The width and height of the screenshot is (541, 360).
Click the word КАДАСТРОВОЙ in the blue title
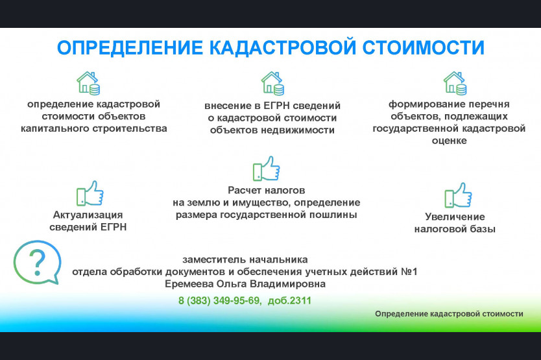coord(282,47)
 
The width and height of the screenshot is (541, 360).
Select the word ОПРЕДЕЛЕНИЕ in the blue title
coord(130,47)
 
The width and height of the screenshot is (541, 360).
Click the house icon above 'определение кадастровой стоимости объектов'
coord(88,83)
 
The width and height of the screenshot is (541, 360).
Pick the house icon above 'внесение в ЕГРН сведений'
coord(272,83)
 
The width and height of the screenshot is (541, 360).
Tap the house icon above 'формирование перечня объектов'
coord(455,83)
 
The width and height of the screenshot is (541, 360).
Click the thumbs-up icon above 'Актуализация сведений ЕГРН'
coord(90,193)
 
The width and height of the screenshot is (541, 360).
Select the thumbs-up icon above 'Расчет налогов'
coord(267,169)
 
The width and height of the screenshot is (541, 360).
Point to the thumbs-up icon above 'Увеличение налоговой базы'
coord(458,195)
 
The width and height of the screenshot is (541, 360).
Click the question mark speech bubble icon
coord(37,262)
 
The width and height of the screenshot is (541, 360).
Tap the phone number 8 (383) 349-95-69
coord(219,300)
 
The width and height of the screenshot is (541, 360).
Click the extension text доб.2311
coord(289,300)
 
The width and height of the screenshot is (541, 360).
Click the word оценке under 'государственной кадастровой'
coord(450,141)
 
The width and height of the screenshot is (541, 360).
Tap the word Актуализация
coord(88,215)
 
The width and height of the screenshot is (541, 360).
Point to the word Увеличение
coord(455,217)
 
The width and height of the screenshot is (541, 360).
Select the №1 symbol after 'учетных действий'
coord(409,272)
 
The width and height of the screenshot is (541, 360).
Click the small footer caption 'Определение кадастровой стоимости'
coord(450,314)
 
